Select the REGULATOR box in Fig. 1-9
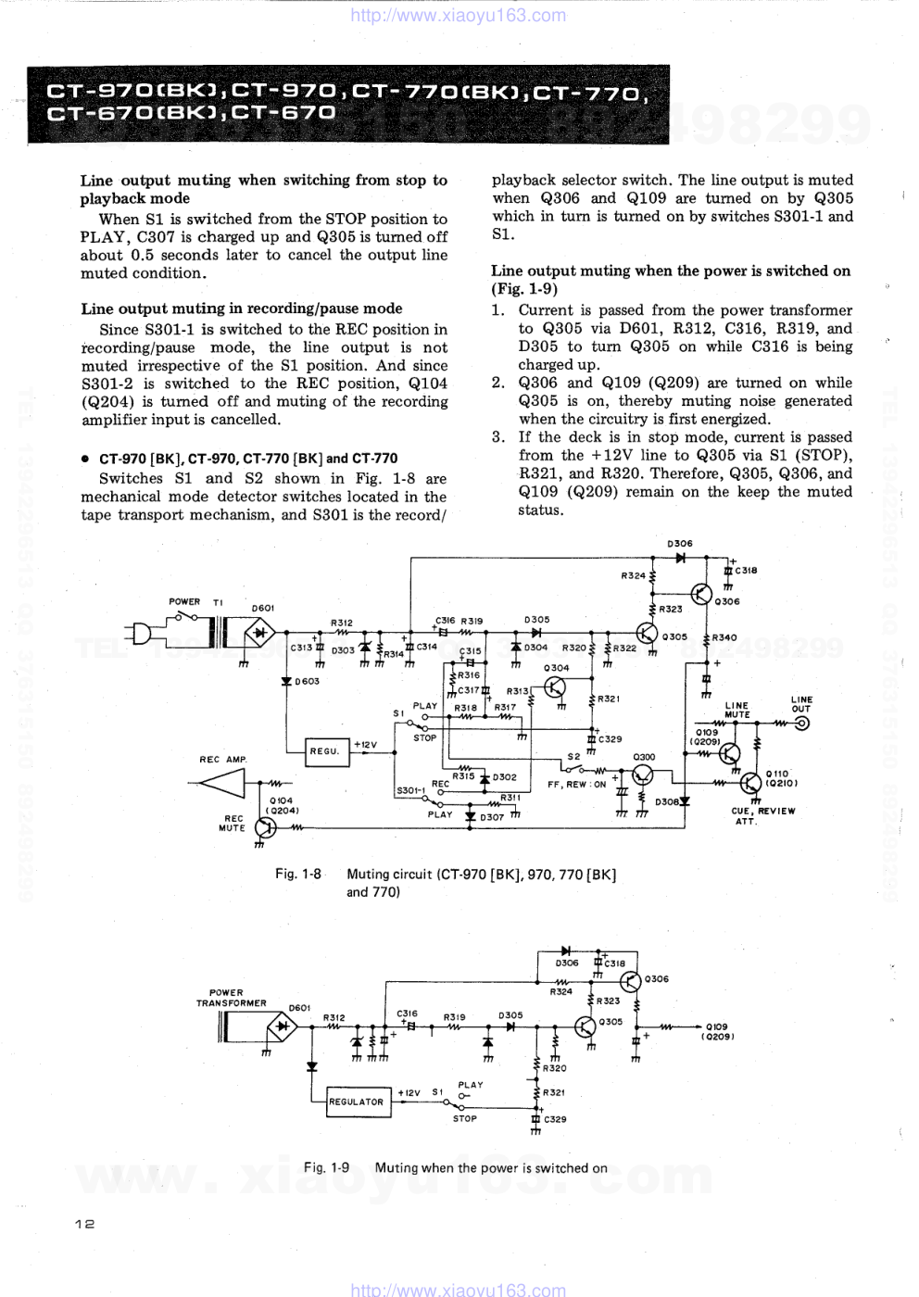(357, 1102)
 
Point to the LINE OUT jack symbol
(801, 724)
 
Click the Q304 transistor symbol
(555, 686)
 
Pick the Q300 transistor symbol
(642, 775)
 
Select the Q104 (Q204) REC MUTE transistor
(265, 827)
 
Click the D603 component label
(307, 681)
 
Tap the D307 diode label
(492, 818)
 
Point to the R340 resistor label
(724, 637)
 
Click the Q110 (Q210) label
(778, 778)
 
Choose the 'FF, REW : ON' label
(576, 785)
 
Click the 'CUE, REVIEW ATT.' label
(762, 815)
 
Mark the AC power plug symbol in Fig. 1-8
(144, 635)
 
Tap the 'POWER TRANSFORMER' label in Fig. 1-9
(230, 998)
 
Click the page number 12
(85, 1223)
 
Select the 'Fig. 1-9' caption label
(326, 1167)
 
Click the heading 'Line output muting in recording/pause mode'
(242, 309)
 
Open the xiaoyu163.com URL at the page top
(459, 15)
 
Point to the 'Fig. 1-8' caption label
(298, 874)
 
